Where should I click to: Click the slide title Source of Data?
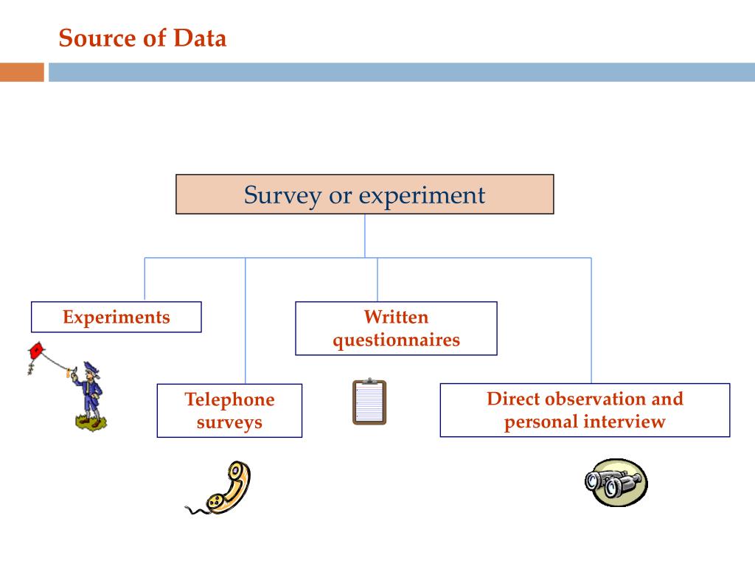tap(142, 38)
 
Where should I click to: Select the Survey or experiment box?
tap(364, 195)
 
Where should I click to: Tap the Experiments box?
tap(116, 317)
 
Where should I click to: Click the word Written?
tap(396, 318)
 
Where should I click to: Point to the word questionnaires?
tap(396, 340)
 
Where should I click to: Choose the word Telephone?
tap(229, 400)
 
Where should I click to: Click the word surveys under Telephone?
tap(229, 422)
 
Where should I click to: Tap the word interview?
tap(624, 422)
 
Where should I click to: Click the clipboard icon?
tap(369, 402)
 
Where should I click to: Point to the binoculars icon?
tap(616, 483)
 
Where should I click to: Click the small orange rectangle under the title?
tap(22, 72)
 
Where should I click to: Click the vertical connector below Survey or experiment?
tap(364, 236)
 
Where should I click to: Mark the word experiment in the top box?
tap(422, 195)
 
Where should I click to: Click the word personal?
tap(541, 422)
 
